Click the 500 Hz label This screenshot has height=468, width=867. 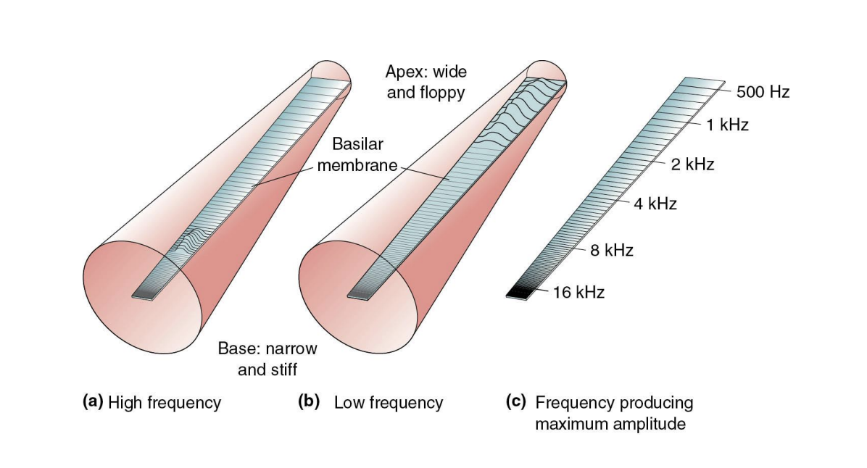(x=763, y=92)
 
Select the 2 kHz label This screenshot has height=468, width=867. (x=692, y=164)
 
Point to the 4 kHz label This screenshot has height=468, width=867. (x=655, y=204)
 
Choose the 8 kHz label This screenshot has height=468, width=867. (x=612, y=251)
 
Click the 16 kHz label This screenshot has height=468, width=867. (x=578, y=293)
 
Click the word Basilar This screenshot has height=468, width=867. (x=357, y=145)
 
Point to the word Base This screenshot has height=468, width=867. (x=236, y=348)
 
